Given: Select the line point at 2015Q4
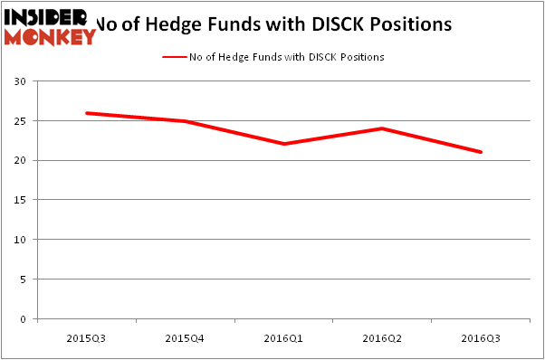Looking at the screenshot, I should [x=185, y=121].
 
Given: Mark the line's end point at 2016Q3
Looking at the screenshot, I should [x=481, y=152].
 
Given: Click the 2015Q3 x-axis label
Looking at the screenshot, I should [x=85, y=336].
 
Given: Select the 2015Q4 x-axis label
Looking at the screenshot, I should [x=185, y=336].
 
